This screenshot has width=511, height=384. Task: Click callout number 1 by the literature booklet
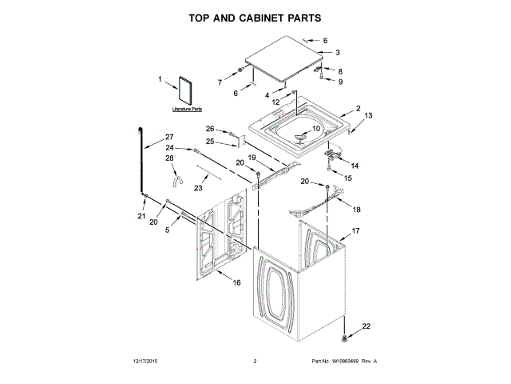coord(160,79)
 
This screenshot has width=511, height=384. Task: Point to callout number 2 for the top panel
coord(358,109)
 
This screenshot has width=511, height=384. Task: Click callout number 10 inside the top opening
coord(315,129)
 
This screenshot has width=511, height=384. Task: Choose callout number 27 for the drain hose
coord(168,137)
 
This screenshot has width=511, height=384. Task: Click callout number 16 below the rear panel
coord(236,282)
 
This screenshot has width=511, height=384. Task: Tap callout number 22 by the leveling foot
coord(366,326)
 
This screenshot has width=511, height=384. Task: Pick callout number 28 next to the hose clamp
coord(169,159)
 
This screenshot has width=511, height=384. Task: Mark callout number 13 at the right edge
coord(368,116)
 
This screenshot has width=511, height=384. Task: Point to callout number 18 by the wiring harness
coord(357,210)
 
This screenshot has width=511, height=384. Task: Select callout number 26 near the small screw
coord(211,129)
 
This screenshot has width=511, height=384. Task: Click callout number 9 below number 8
coord(339,82)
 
